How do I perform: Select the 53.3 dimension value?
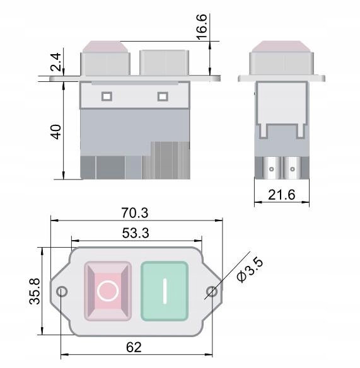click(x=135, y=233)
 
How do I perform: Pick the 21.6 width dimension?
click(x=281, y=195)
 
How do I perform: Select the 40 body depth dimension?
click(x=55, y=132)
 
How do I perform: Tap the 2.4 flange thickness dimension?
click(x=55, y=63)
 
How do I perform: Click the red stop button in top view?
click(x=108, y=290)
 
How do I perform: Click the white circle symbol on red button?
click(x=108, y=290)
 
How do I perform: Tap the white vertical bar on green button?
click(x=165, y=290)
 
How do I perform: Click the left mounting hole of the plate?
click(x=62, y=291)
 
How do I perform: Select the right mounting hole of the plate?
click(x=211, y=291)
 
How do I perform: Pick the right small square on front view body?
click(x=163, y=96)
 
